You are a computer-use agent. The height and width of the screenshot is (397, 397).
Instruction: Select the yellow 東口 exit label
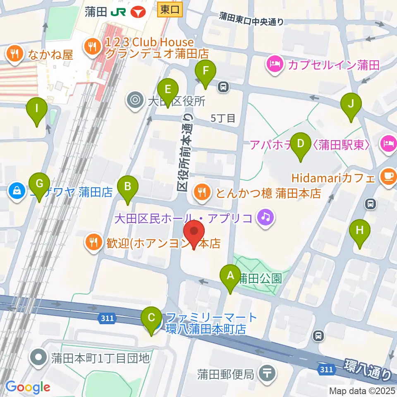[170, 10]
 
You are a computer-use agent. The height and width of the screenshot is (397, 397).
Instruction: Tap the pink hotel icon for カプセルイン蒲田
[274, 64]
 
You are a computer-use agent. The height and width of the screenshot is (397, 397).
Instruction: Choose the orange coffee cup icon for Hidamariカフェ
[388, 177]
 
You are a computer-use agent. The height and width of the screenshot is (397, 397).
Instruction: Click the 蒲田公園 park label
[260, 278]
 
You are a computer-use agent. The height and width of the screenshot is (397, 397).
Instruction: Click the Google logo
[28, 387]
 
